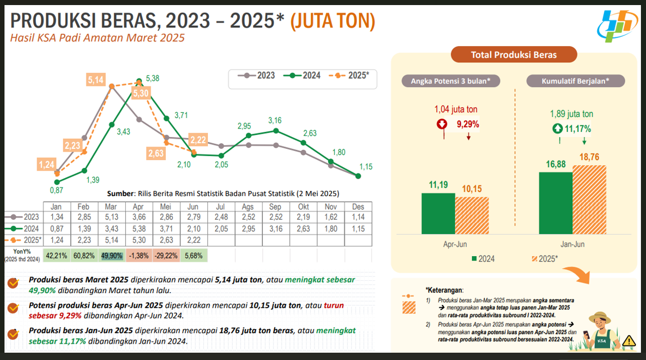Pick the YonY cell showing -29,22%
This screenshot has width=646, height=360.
(166, 256)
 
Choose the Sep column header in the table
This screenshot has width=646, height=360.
(275, 207)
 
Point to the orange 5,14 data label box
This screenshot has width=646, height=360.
(96, 80)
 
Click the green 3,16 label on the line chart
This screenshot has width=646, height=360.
(275, 120)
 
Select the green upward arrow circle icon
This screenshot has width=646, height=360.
(557, 128)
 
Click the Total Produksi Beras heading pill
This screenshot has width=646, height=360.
(513, 55)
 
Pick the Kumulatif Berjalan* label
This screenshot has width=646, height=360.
(575, 81)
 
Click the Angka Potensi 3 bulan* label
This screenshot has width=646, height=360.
(451, 81)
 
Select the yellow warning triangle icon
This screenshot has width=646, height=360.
(629, 340)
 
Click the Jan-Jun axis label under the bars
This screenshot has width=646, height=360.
(572, 245)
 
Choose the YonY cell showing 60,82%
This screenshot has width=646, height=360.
(84, 256)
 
